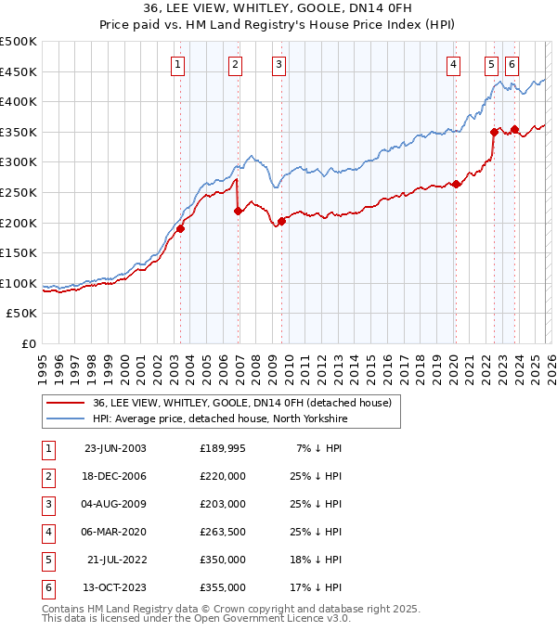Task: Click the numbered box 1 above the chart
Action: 177,64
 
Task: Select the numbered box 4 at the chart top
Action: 453,64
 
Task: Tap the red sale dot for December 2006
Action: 238,211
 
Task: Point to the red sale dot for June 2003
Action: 180,228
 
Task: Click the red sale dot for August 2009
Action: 281,221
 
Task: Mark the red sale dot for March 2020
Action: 456,184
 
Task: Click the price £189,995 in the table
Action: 222,448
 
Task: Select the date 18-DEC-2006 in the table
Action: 115,476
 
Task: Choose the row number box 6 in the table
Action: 45,587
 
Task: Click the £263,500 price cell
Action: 222,532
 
